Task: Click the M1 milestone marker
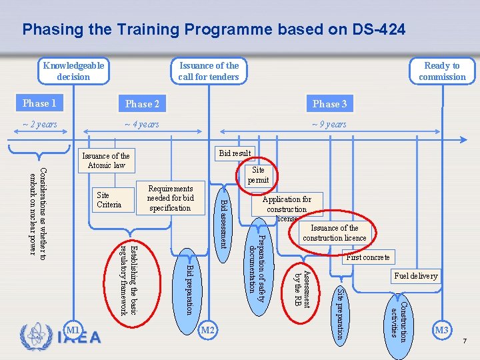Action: coord(73,330)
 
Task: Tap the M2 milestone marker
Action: coord(209,330)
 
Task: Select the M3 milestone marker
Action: coord(442,330)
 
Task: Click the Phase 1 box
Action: coord(39,103)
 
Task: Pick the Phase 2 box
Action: coord(143,103)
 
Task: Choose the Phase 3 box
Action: coord(330,103)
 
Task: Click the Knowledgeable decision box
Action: coord(73,71)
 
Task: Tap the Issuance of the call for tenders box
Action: coord(209,71)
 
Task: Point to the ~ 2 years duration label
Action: coord(40,125)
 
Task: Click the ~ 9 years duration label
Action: coord(330,125)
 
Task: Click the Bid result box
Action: coord(235,153)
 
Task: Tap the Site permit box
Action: coord(258,175)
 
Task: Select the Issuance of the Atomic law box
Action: coord(106,160)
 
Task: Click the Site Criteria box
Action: coord(109,200)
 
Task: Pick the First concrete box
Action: coord(368,257)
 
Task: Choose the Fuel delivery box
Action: coord(416,275)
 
